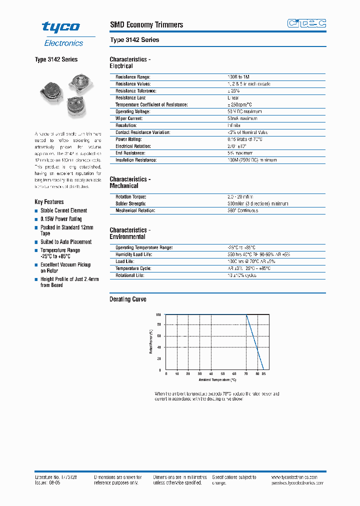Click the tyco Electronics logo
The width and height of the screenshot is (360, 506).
pos(64,33)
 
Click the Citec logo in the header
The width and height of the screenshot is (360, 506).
pos(306,23)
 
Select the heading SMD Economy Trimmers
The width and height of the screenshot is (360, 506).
pos(146,24)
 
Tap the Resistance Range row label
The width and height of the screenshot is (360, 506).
pos(133,77)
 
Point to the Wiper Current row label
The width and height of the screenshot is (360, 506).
pos(129,118)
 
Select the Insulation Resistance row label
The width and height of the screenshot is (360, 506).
pos(136,160)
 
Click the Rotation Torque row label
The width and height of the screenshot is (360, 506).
pos(131,197)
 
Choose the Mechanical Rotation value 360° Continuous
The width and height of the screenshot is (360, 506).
pos(242,210)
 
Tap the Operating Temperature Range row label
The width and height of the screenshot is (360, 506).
pos(144,247)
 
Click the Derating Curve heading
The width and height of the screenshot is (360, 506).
pos(128,299)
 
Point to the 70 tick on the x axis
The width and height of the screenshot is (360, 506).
pos(246,374)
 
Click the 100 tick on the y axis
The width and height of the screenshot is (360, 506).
pos(158,314)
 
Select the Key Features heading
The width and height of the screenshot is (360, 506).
pos(49,202)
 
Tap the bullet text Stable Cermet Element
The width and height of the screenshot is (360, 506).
pos(63,210)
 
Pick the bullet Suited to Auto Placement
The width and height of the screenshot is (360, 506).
pos(66,242)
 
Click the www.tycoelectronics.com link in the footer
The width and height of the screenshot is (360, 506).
pos(298,477)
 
